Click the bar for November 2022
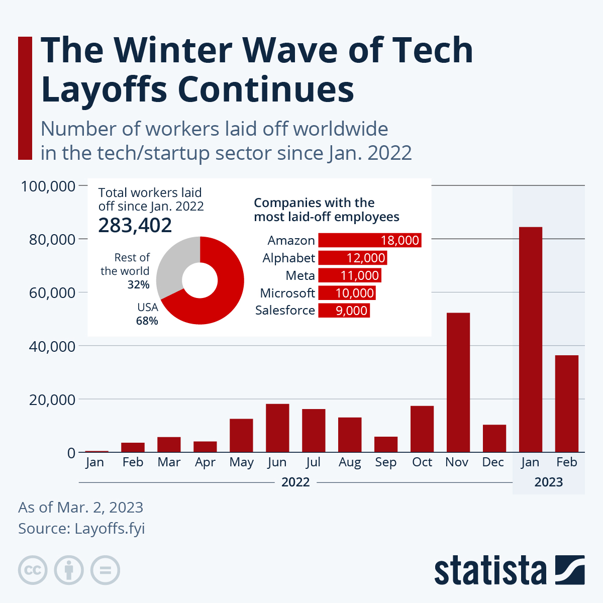[458, 382]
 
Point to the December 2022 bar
[494, 438]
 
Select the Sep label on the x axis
[385, 462]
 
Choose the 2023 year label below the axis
[548, 482]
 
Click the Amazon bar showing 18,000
[369, 240]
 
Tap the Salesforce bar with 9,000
[344, 311]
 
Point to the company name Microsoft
[287, 293]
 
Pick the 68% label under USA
[147, 321]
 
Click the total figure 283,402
[135, 226]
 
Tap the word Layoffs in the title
[104, 89]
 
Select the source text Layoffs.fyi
[110, 529]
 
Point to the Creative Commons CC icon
[33, 570]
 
